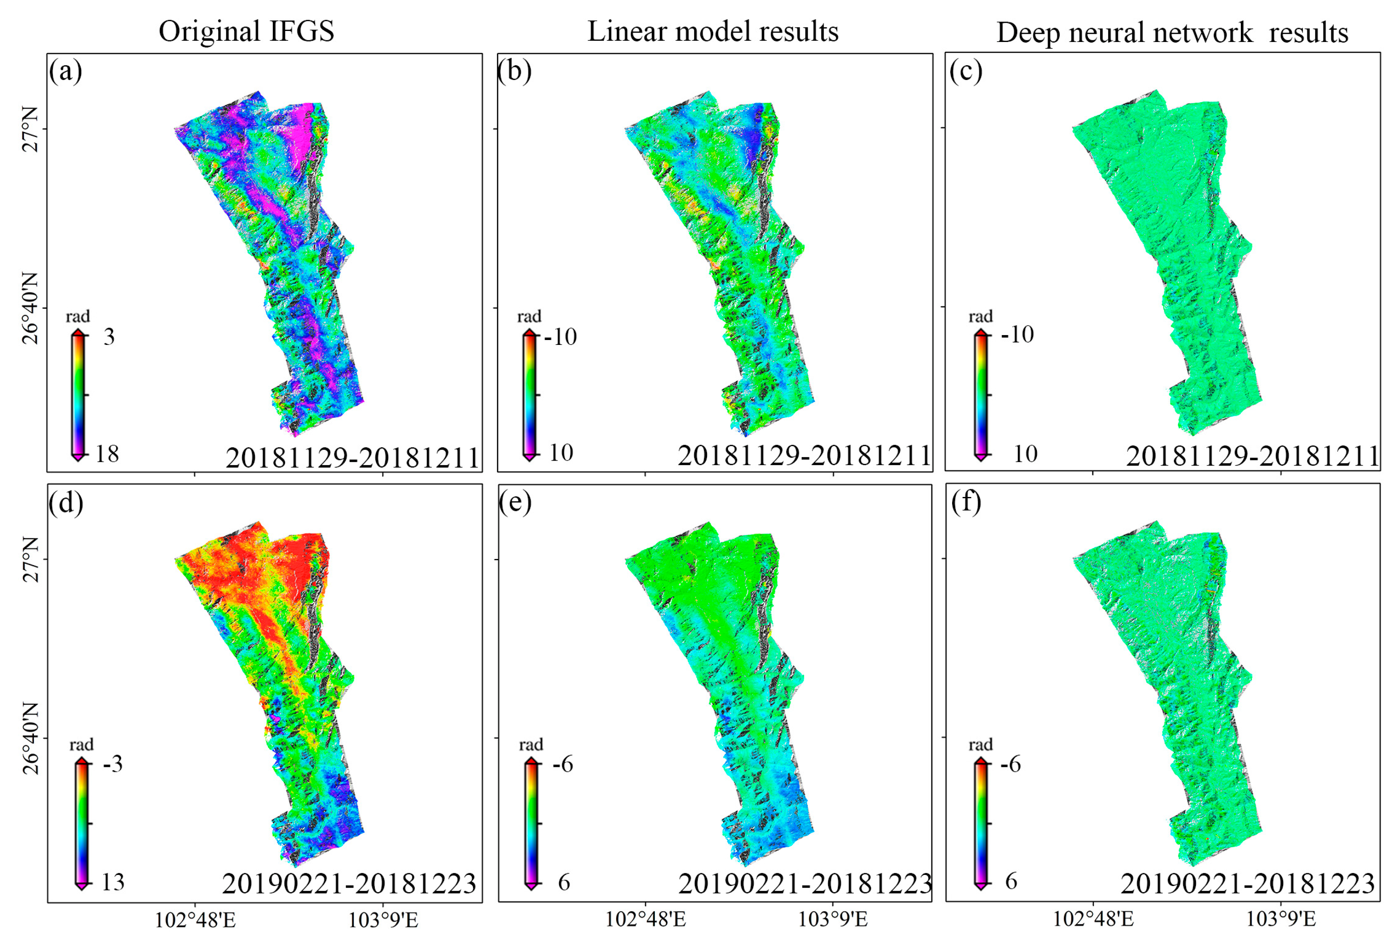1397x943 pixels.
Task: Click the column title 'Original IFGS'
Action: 246,31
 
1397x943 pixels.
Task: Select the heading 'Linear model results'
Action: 712,31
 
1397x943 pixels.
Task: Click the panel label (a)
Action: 66,71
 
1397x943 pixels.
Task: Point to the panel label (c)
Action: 966,71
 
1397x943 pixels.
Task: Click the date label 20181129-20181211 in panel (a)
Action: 352,458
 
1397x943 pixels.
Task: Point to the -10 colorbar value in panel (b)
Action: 560,337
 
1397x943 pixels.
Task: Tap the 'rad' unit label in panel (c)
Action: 980,316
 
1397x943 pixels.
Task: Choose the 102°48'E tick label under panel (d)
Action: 195,920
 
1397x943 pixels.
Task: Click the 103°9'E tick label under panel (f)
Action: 1281,920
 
